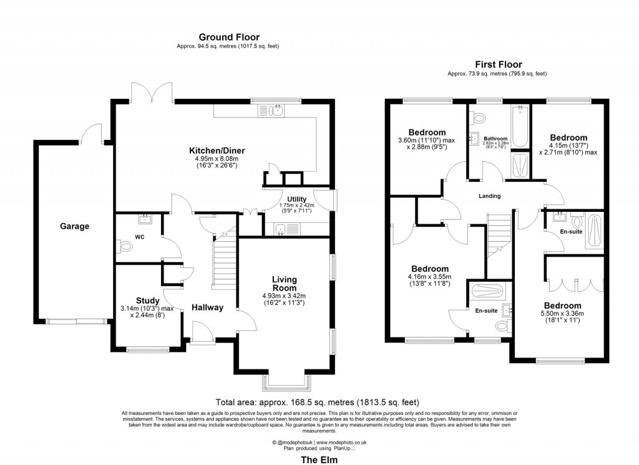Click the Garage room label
click(74, 226)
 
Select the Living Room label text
click(284, 283)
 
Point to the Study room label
click(147, 301)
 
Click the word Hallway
click(207, 307)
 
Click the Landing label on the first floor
click(489, 196)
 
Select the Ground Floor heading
click(228, 37)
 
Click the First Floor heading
click(498, 64)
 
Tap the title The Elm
click(319, 459)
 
